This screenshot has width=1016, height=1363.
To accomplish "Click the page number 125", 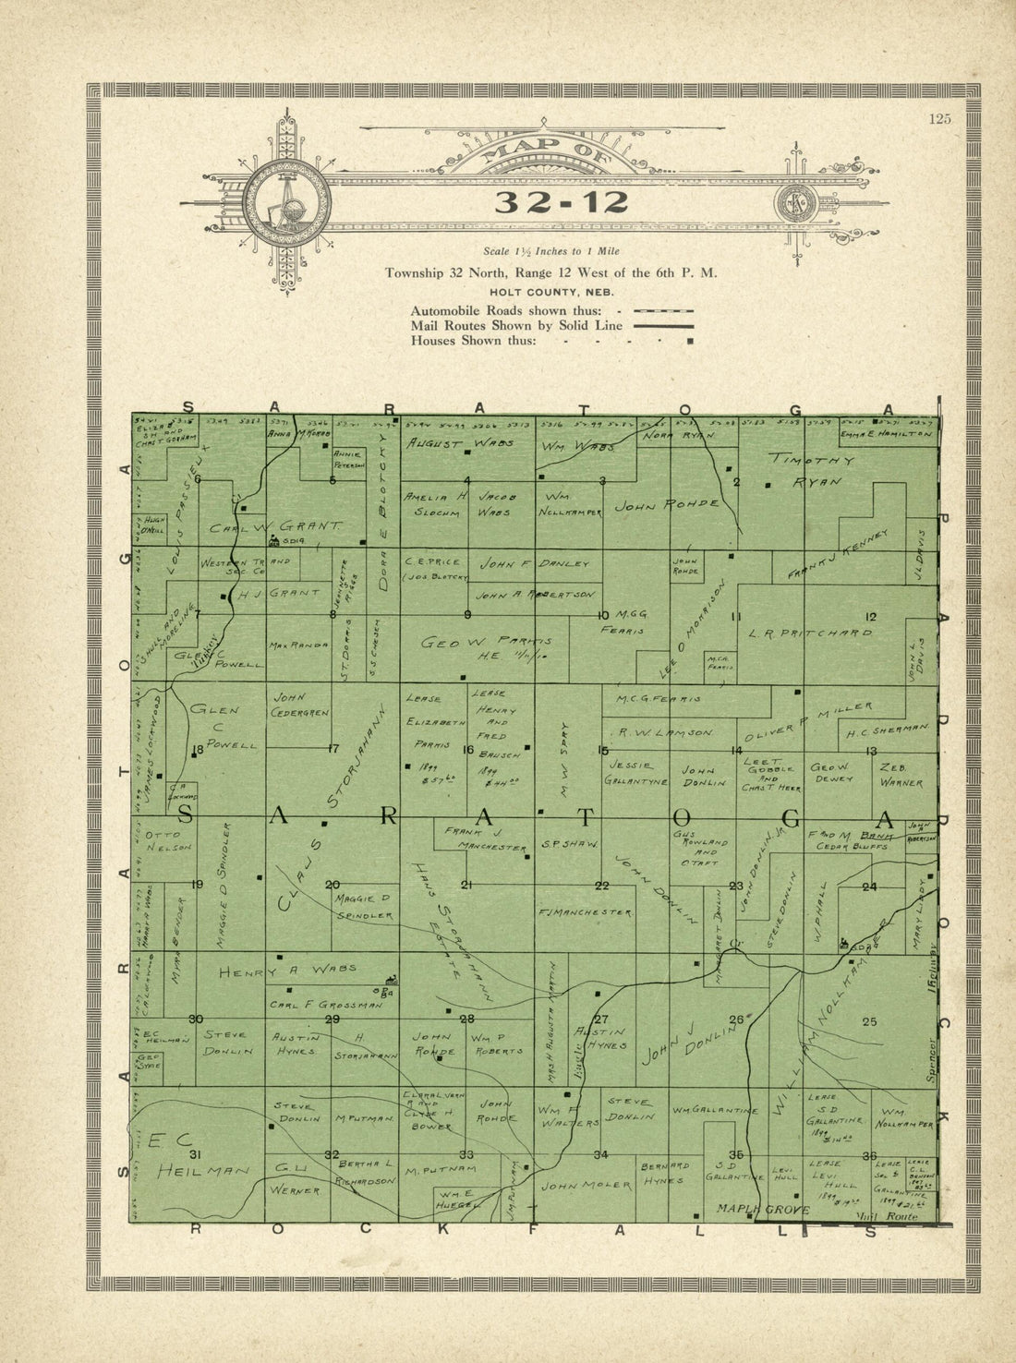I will pos(940,117).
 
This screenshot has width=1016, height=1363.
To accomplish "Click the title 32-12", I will pos(549,202).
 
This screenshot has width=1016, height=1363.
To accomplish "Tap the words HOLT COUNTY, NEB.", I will pos(549,292).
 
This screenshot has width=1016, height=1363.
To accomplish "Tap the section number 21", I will pos(467,886).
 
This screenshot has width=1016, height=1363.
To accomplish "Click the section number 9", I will pos(468,614).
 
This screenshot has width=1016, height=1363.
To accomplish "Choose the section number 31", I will pos(195,1154).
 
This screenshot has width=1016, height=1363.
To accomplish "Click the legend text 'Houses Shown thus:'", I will pos(473,340).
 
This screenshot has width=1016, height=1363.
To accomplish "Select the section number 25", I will pos(868,1020).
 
